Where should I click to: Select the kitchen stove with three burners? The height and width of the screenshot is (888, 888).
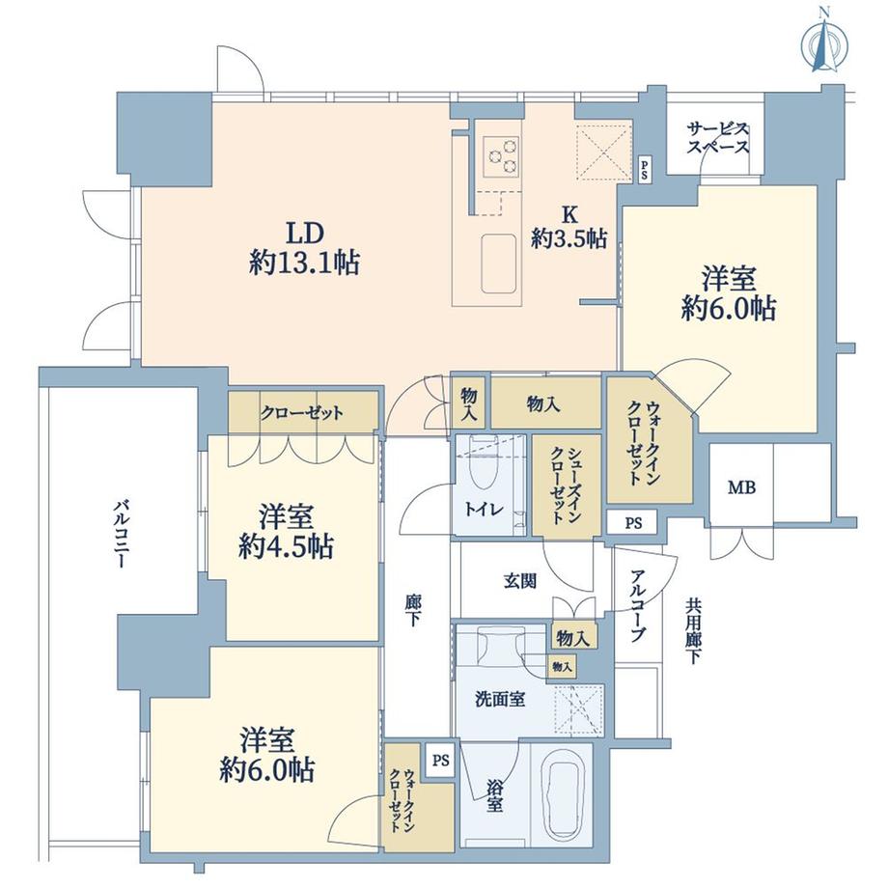pos(501,154)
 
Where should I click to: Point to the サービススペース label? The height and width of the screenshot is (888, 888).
pos(718,138)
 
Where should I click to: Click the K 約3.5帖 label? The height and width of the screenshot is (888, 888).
pos(569,227)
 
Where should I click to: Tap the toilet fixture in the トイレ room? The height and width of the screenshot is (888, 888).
pos(479,473)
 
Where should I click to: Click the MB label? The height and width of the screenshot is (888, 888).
pos(742,487)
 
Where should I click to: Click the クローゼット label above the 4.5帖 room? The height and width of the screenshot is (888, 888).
pos(301,413)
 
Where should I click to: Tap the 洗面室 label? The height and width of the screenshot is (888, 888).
pos(500,699)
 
